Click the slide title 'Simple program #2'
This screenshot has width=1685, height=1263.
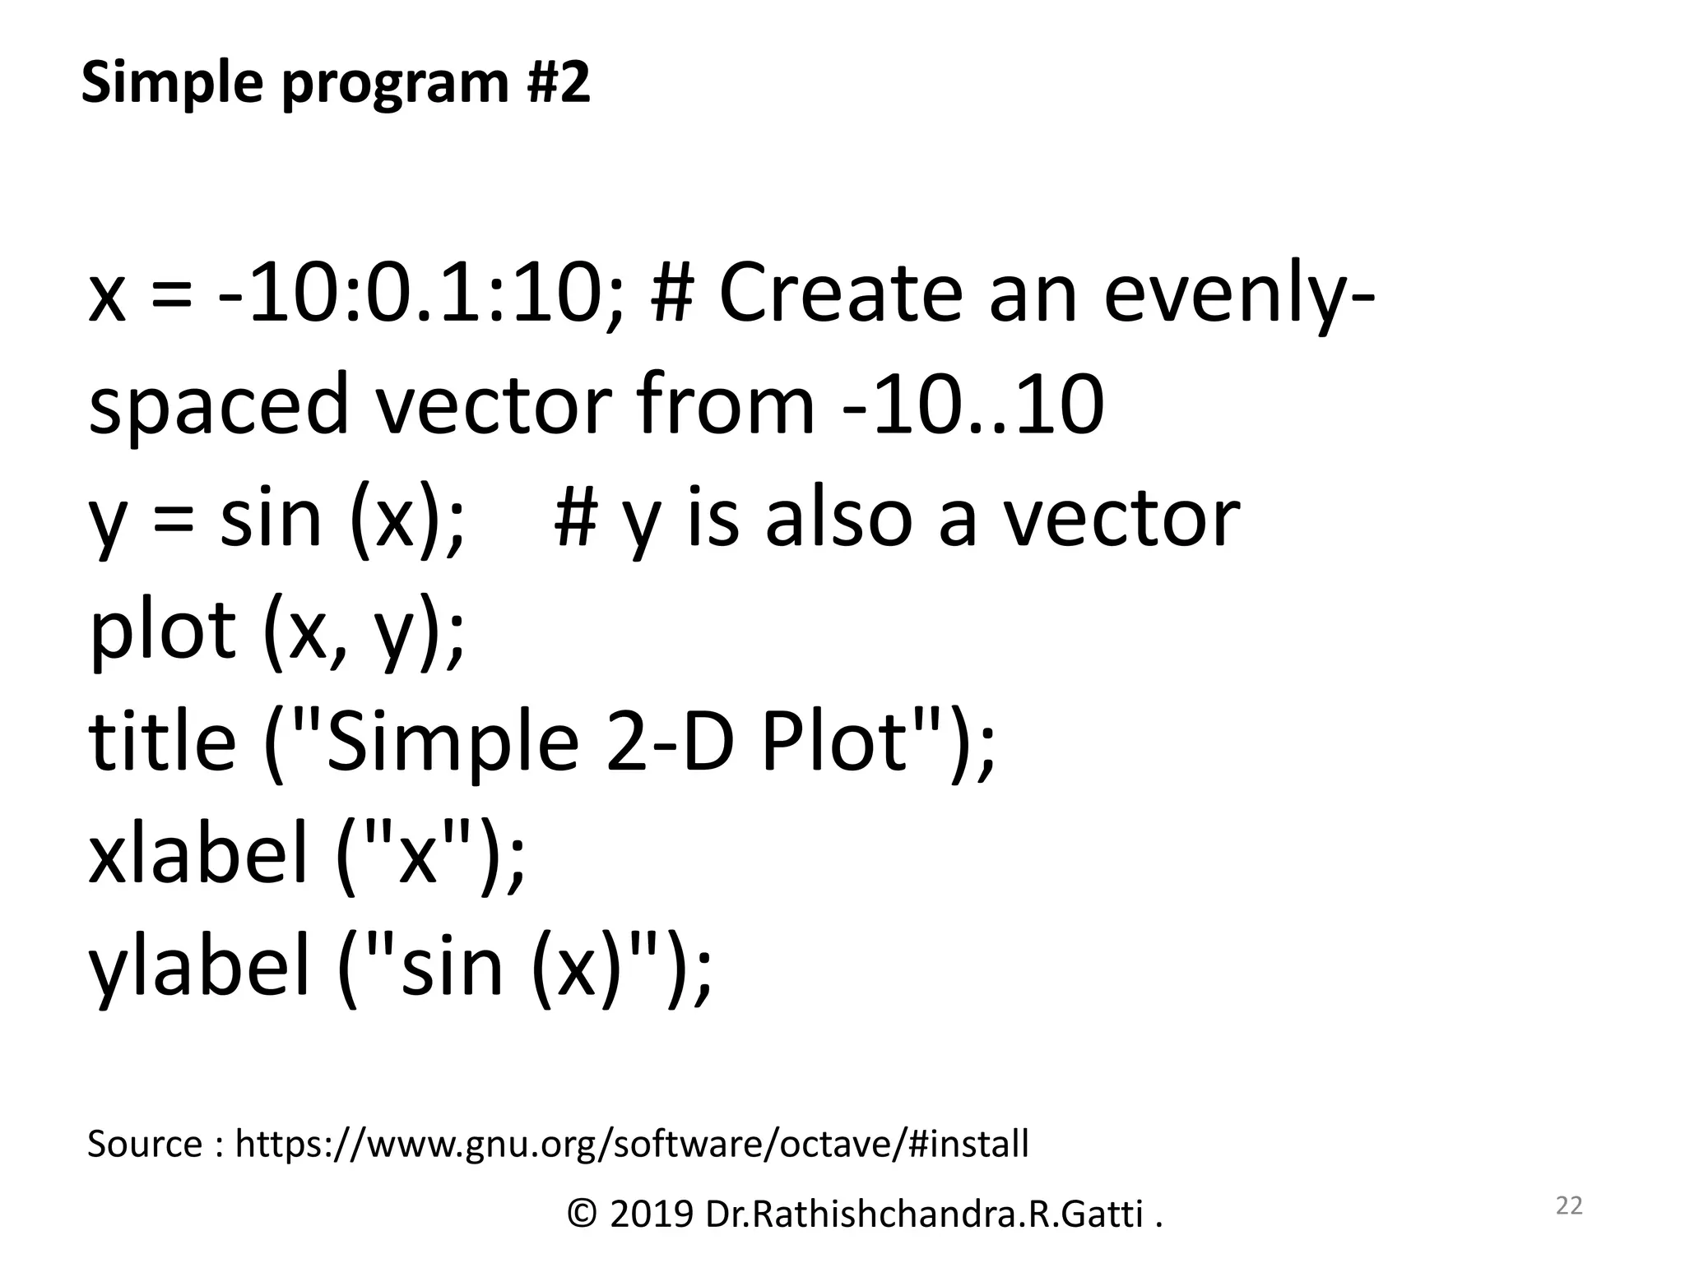click(x=336, y=84)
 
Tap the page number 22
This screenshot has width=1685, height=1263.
click(x=1569, y=1205)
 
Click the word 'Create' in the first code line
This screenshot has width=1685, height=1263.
click(x=840, y=294)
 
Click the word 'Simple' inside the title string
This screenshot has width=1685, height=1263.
click(x=453, y=743)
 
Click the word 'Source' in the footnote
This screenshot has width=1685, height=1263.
click(x=145, y=1145)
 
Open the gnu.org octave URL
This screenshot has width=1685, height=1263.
click(x=632, y=1145)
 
